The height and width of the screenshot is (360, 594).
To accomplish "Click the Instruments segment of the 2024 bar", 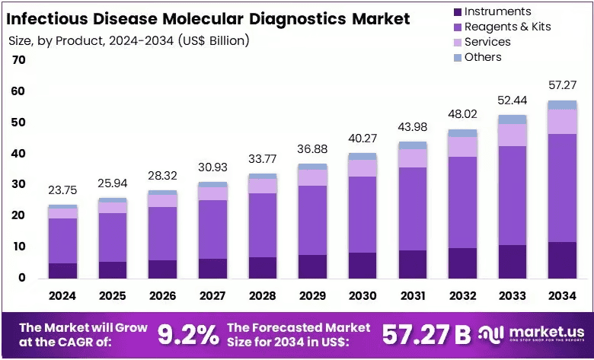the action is click(63, 271).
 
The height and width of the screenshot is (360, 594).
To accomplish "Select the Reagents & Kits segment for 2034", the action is click(562, 188).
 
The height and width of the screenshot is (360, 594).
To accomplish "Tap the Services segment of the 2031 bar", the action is click(413, 158).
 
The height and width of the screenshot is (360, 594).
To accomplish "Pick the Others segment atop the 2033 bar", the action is click(513, 119).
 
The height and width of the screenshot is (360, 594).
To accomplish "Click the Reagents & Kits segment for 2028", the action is click(263, 225).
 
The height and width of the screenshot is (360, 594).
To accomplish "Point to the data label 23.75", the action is click(62, 190).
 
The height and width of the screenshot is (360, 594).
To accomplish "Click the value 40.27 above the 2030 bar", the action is click(363, 139).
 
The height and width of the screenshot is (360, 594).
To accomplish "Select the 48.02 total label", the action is click(462, 114).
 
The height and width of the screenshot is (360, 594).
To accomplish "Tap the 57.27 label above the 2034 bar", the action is click(563, 85).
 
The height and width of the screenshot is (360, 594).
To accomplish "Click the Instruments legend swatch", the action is click(458, 12).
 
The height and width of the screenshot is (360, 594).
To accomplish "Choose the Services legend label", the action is click(487, 42).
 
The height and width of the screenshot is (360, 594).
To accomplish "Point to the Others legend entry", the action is click(477, 57).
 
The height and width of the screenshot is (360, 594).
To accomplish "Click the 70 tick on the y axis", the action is click(19, 60).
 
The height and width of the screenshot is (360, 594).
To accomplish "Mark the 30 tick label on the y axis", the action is click(19, 184).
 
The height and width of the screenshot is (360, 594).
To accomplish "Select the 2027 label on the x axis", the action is click(212, 295).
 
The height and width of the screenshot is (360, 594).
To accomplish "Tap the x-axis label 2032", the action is click(462, 295).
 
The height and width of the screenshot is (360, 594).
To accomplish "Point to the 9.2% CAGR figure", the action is click(188, 334).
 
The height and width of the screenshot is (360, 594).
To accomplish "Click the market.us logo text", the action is click(547, 332).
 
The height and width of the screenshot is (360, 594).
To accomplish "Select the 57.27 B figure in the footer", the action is click(426, 334).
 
